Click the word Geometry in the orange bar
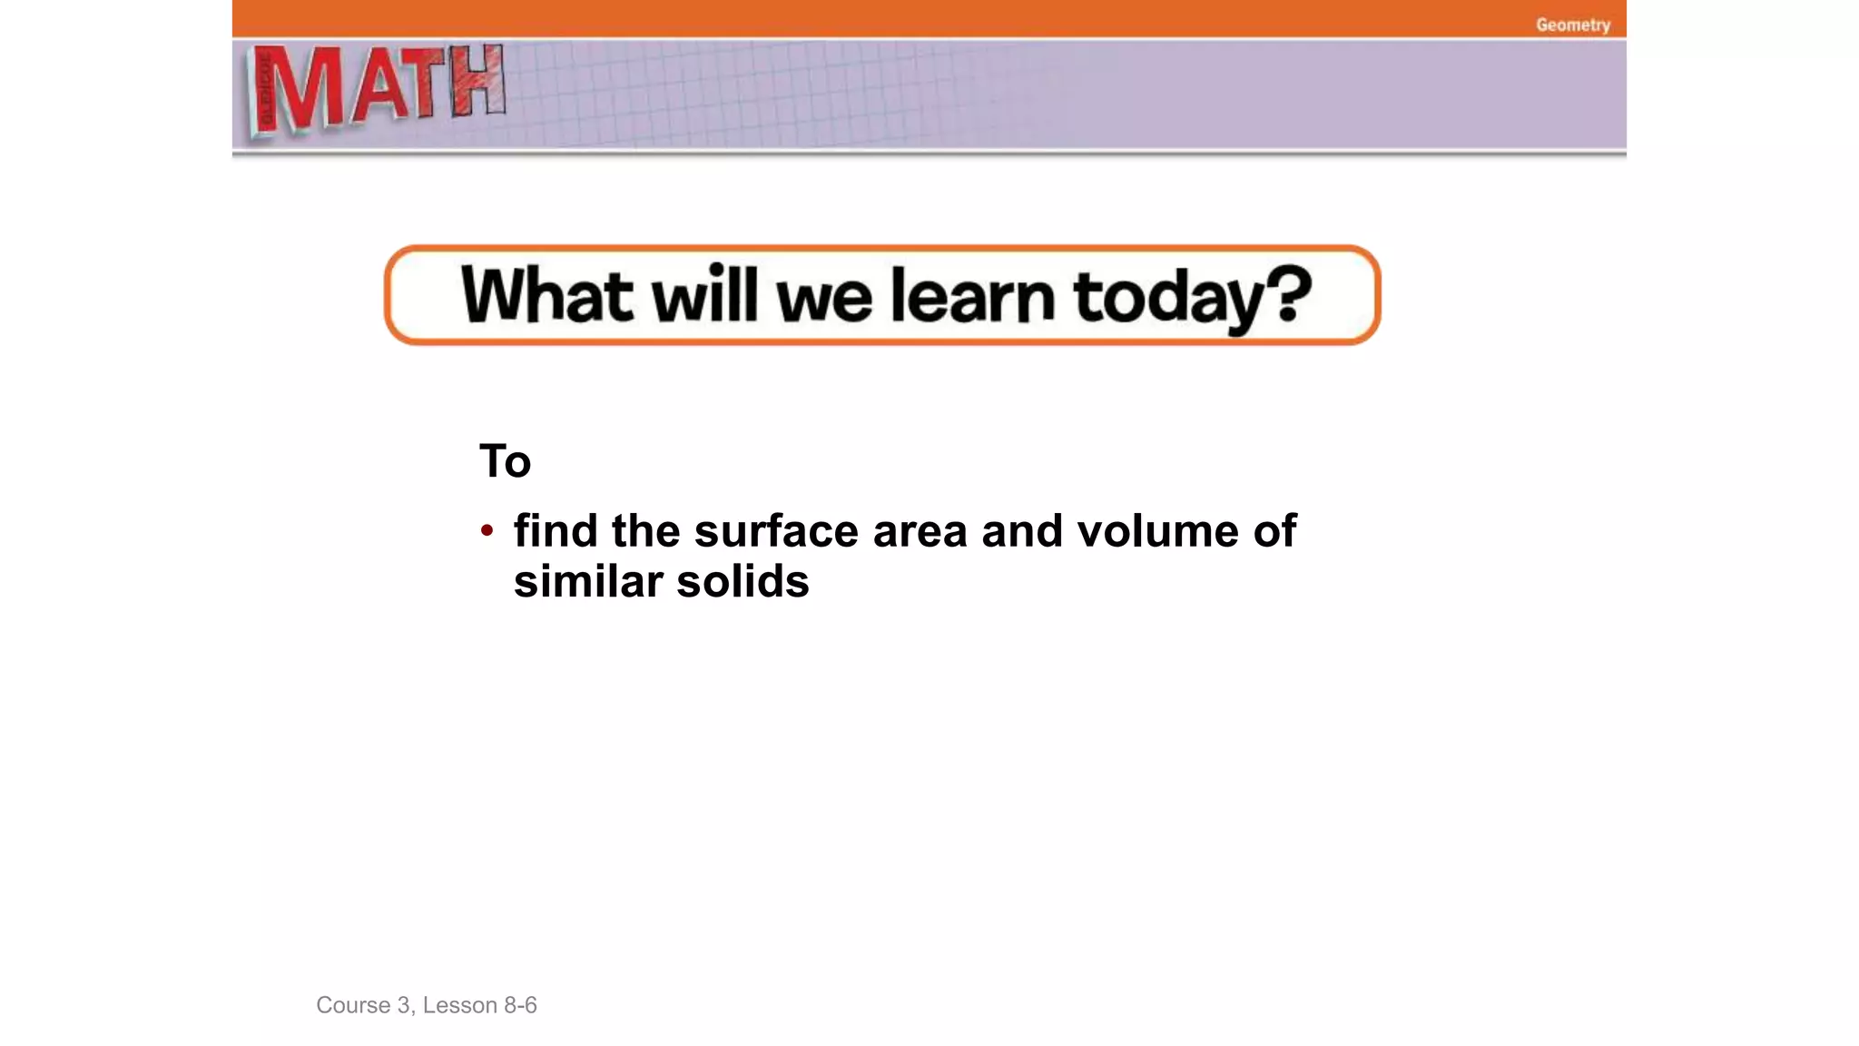click(1572, 25)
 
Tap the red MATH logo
click(377, 89)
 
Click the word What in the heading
click(546, 295)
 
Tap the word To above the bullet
click(505, 461)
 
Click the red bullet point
click(487, 530)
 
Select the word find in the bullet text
click(555, 530)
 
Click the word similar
click(588, 581)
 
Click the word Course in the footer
click(353, 1005)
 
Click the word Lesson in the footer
click(459, 1005)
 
